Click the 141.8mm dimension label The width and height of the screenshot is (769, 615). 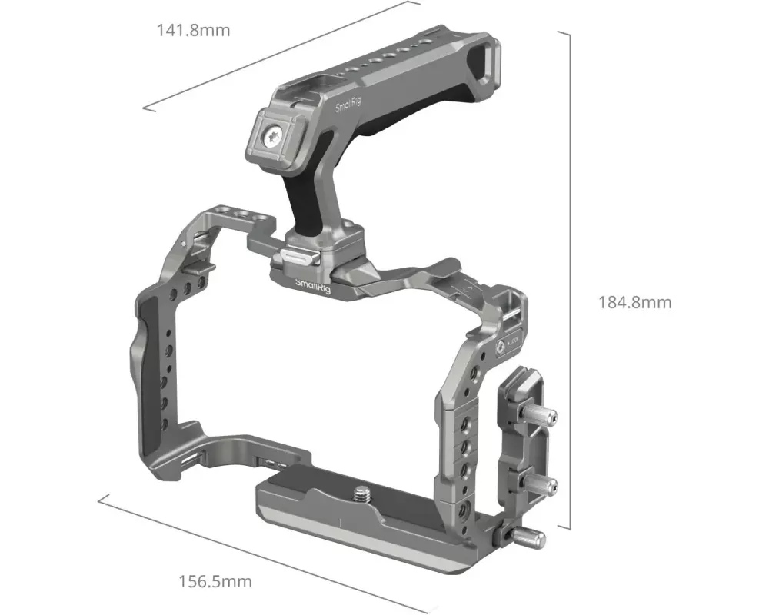(x=193, y=31)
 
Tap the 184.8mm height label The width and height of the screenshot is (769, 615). (x=634, y=302)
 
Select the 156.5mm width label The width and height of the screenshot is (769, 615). (x=215, y=582)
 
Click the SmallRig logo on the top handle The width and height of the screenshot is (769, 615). (x=348, y=105)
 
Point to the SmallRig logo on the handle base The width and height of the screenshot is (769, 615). (x=313, y=285)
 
